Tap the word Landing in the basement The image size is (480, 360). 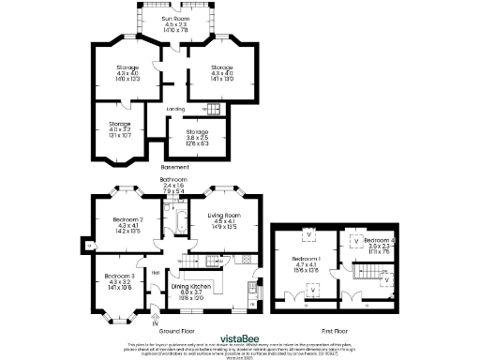coord(174,110)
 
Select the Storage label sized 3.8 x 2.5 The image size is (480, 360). coord(197,132)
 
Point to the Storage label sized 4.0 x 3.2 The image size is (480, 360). coord(119,124)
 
